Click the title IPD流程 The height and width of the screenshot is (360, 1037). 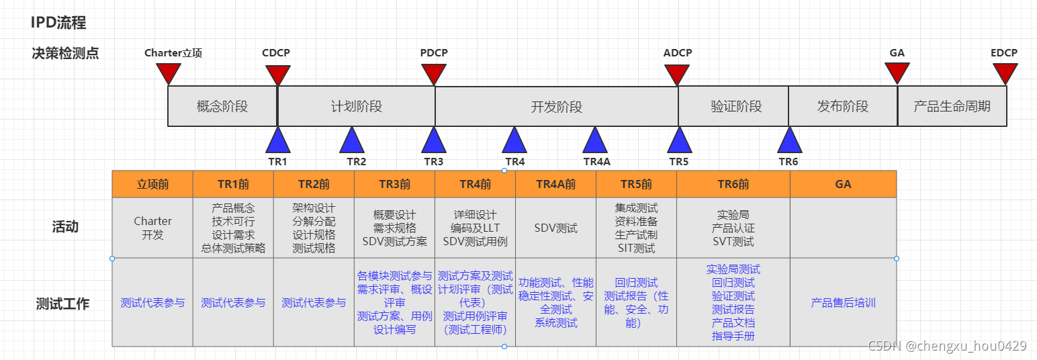(58, 23)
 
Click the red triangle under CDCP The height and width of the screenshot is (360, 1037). (277, 74)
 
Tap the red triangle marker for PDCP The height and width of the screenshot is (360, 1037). (434, 74)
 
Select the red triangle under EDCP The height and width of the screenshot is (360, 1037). (1005, 73)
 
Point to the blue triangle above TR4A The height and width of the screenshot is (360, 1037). (595, 142)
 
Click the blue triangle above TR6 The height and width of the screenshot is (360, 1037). (790, 142)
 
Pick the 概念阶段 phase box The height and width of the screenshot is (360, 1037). (222, 106)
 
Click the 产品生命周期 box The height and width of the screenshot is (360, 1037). (952, 106)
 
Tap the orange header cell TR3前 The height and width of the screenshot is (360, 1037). (394, 184)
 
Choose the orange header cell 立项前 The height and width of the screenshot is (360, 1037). (152, 184)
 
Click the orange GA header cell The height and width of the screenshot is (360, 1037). (843, 184)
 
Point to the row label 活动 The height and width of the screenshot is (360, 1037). (65, 227)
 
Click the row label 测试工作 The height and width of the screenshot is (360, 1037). (62, 304)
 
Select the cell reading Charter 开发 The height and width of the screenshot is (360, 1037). (152, 228)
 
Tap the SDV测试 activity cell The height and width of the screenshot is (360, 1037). (555, 228)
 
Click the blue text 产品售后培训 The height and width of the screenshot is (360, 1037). (843, 303)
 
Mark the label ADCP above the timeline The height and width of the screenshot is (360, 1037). (677, 53)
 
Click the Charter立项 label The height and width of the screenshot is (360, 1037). (173, 53)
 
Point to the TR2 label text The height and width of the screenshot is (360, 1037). (356, 161)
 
